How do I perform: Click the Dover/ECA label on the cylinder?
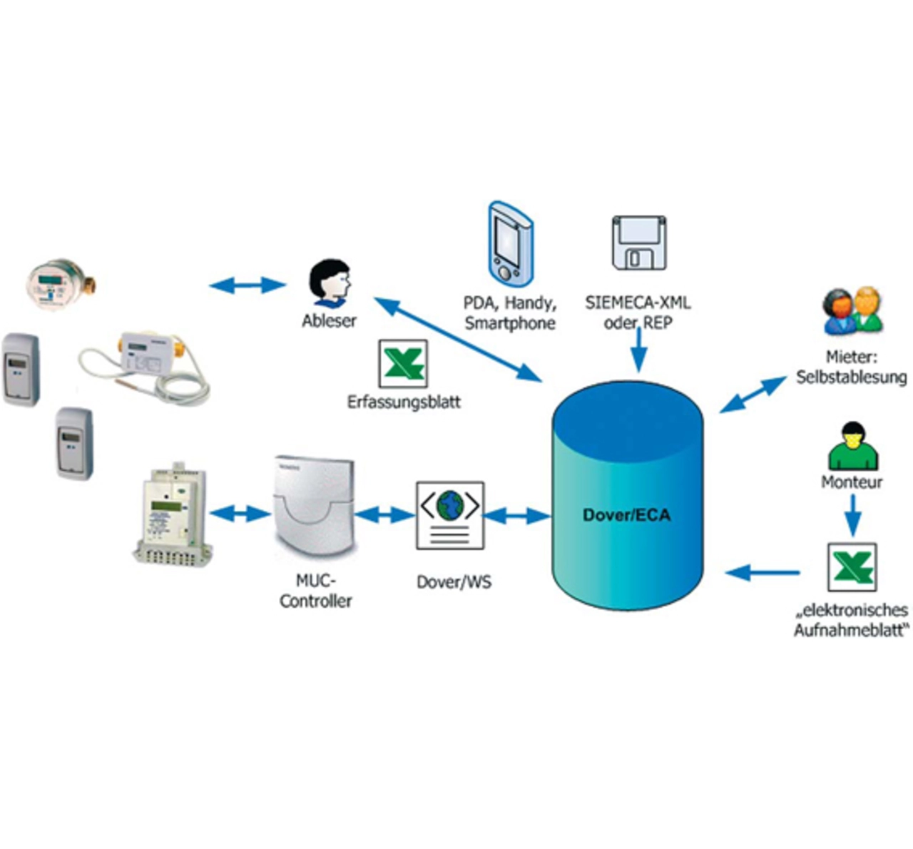626,515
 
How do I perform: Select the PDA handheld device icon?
510,244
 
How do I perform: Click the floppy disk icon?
639,243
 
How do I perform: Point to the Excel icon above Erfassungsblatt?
403,363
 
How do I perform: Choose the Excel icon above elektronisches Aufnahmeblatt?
852,567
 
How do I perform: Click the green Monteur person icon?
853,446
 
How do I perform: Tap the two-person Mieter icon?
853,311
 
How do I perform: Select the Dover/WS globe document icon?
450,516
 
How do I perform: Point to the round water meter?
60,284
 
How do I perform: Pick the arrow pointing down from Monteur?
853,515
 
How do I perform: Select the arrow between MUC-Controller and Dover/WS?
385,515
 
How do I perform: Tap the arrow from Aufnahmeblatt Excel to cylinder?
762,573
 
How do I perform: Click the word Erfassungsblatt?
404,402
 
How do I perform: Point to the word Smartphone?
510,323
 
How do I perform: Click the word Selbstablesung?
852,377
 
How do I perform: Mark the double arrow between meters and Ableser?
248,285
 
